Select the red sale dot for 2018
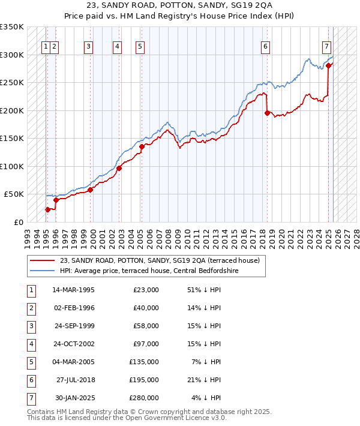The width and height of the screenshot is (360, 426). coord(267,112)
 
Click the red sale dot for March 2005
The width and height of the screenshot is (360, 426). coord(142,146)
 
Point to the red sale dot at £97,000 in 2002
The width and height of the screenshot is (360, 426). coord(119,168)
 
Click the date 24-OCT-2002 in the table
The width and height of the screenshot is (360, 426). coord(74,344)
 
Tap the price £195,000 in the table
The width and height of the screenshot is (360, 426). coord(145,380)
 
